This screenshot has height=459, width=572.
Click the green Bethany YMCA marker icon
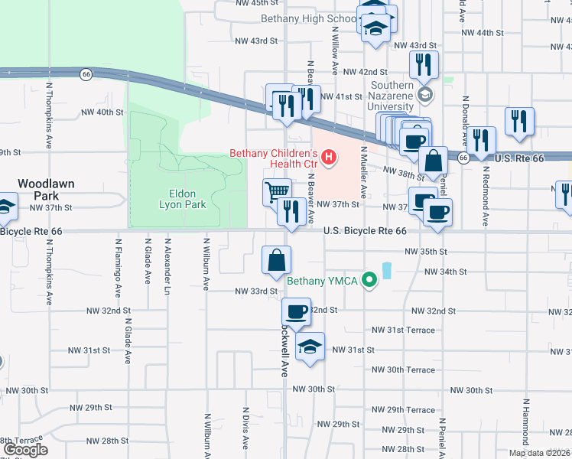click(x=369, y=280)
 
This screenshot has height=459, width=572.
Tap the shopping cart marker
click(x=277, y=191)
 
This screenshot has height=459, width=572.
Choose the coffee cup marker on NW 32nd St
click(x=296, y=311)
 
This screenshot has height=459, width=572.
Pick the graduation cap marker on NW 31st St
click(x=310, y=346)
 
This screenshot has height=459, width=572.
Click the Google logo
click(x=25, y=450)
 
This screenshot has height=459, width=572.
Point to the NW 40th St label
click(x=102, y=112)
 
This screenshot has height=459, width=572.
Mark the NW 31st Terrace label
click(x=403, y=330)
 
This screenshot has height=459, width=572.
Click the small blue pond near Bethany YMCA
click(x=385, y=270)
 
